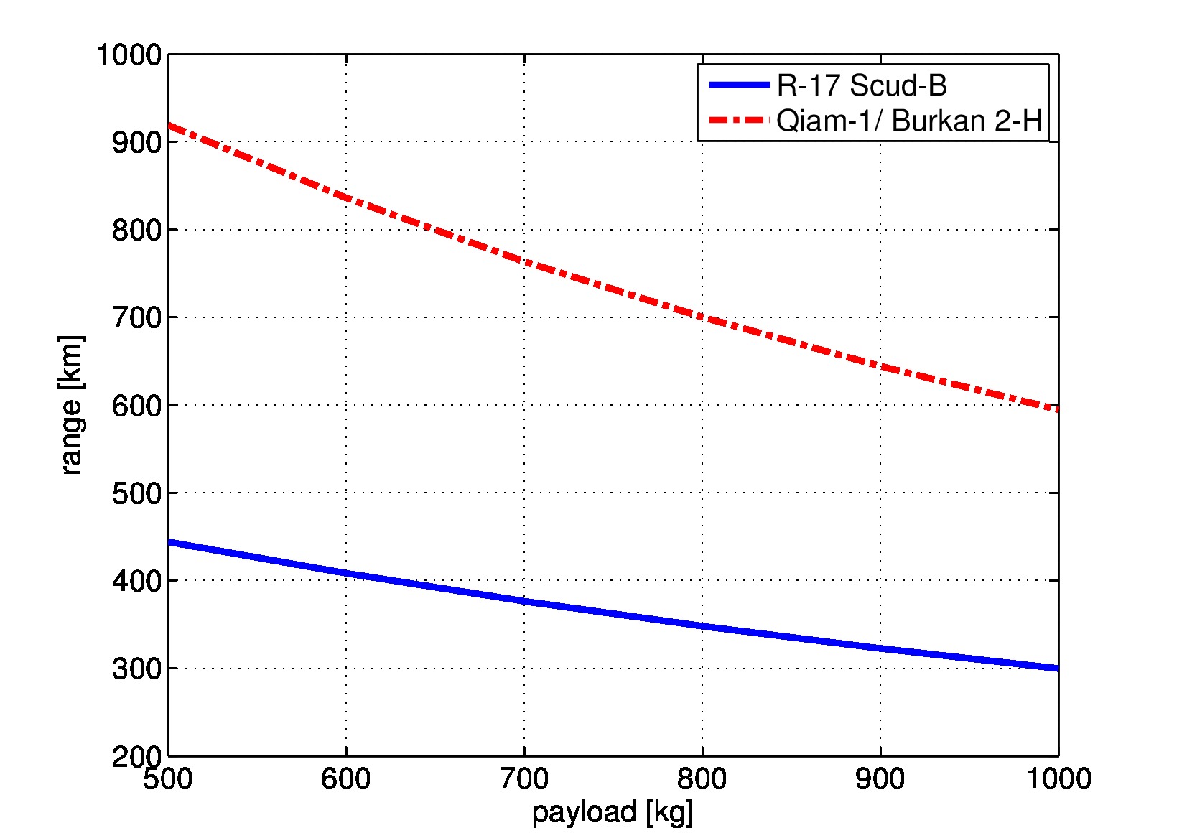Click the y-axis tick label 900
coord(136,142)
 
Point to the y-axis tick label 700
coord(136,317)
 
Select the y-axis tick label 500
coord(136,493)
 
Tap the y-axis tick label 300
coord(136,669)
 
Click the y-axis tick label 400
coord(136,581)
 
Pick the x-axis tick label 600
coord(346,779)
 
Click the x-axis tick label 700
coord(524,779)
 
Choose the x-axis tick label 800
coord(702,779)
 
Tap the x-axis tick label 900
coord(880,779)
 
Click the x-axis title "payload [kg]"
coord(613,812)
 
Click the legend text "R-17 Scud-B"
coord(862,85)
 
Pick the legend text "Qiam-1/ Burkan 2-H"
coord(909,121)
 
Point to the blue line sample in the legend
coord(739,85)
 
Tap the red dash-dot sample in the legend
coord(739,120)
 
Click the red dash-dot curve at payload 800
coord(702,317)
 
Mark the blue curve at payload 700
coord(524,601)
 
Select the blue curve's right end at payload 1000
coord(1057,668)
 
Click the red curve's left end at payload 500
coord(170,126)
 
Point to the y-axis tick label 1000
coord(129,55)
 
